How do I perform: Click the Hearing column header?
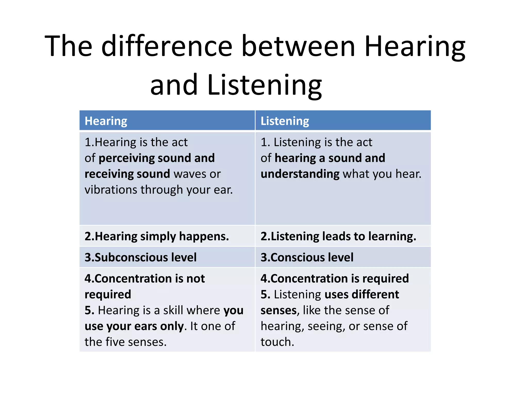(x=106, y=121)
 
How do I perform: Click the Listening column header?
(x=285, y=121)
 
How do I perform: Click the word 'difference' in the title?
(x=167, y=46)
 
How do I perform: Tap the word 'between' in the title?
(x=299, y=46)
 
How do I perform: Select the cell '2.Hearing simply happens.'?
(x=157, y=236)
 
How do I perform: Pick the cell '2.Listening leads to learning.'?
(x=338, y=236)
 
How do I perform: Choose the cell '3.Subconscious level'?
(x=141, y=257)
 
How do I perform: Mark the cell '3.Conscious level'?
(x=307, y=257)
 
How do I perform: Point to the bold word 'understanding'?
(x=300, y=174)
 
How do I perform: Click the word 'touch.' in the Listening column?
(x=277, y=342)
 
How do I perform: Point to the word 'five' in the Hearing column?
(x=115, y=342)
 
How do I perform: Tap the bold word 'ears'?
(x=146, y=326)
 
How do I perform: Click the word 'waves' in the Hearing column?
(x=190, y=174)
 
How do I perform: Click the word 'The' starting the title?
(x=68, y=46)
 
